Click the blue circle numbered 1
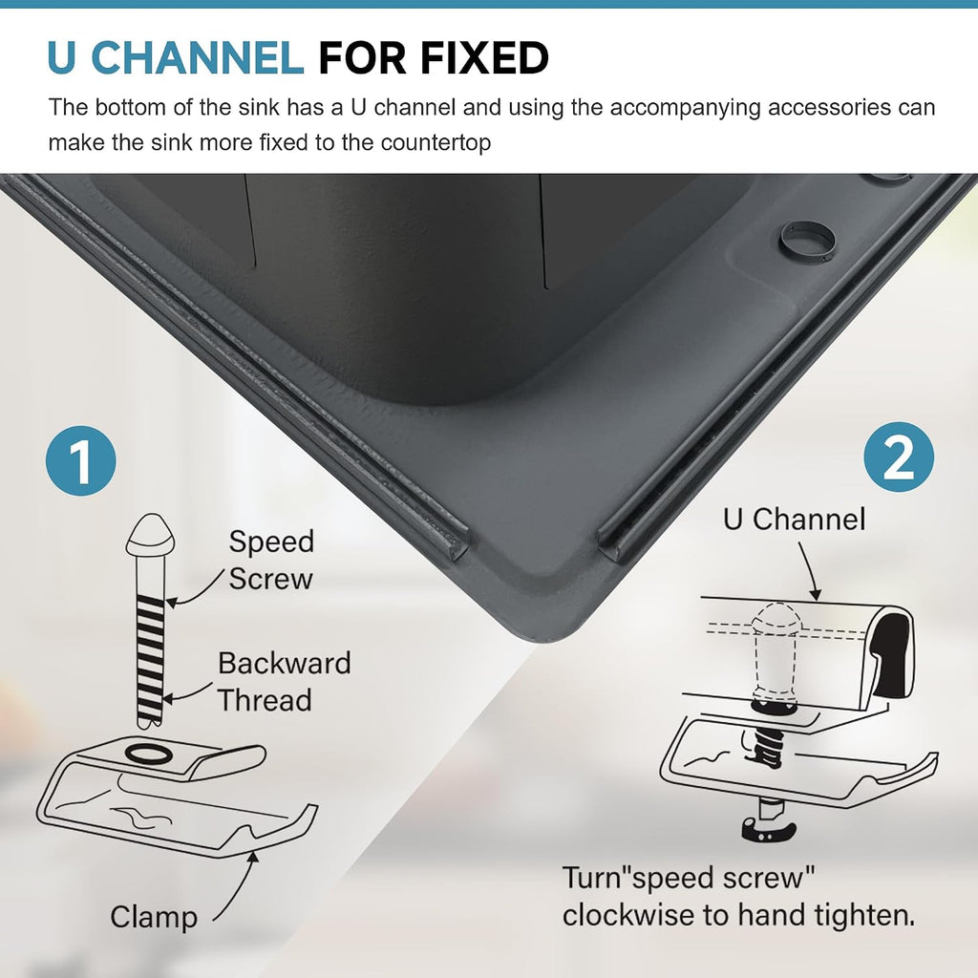(80, 461)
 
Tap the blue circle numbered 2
(899, 457)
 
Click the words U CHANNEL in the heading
(176, 57)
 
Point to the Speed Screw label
(270, 560)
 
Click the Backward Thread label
(284, 681)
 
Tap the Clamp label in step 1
(154, 918)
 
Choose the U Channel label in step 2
(794, 519)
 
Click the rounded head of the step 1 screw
(150, 535)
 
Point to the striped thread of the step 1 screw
(150, 661)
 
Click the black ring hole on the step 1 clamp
(149, 754)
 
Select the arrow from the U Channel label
(810, 571)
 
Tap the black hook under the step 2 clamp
(768, 830)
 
